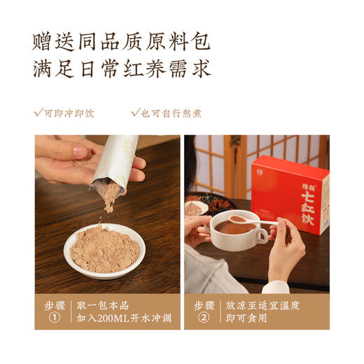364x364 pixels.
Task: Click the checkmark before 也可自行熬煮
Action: [x=135, y=112]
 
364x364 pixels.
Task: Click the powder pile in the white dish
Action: [x=105, y=249]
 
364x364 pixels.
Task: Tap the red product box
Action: [x=290, y=192]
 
